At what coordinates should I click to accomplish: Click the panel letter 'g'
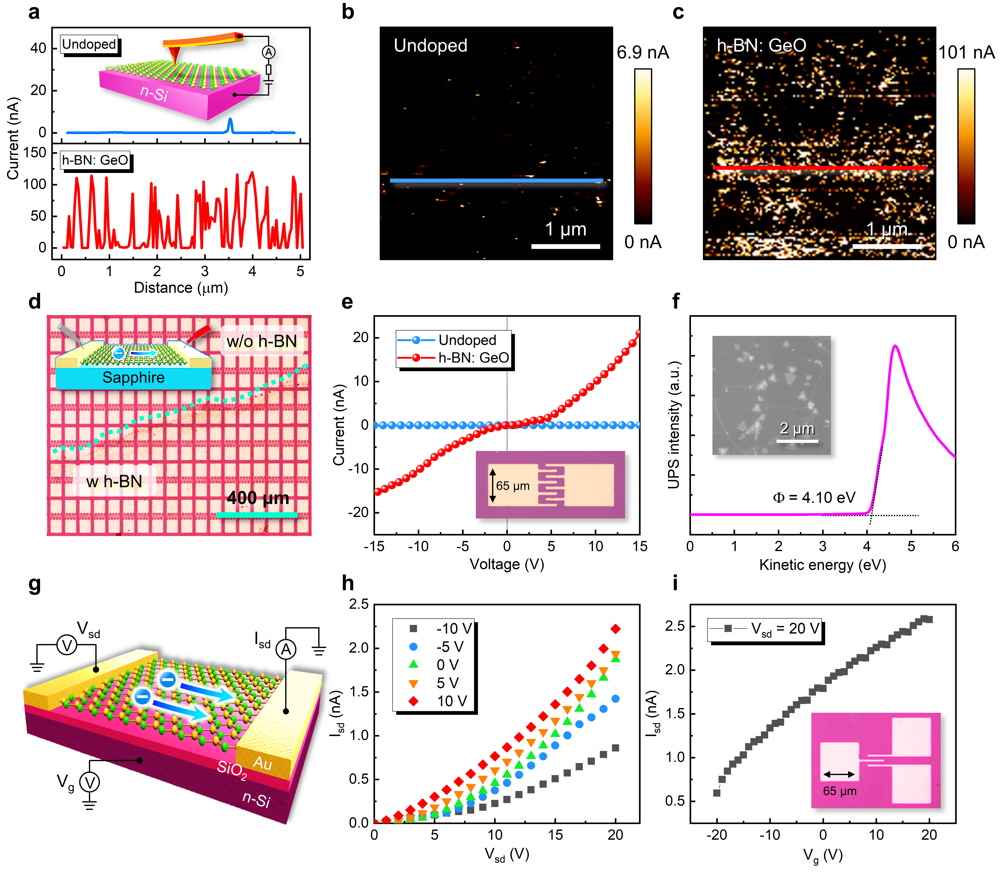pos(34,584)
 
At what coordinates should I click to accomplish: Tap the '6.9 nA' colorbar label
pos(642,53)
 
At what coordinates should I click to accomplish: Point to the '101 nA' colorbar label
pos(966,53)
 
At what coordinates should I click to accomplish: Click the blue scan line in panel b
pos(496,181)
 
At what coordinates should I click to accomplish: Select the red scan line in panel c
pos(820,168)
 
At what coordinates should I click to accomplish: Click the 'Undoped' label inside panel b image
pos(430,46)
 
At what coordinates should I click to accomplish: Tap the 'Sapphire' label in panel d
pos(133,378)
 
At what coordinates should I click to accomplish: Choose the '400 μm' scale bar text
pos(258,498)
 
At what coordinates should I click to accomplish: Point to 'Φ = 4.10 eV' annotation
pos(814,497)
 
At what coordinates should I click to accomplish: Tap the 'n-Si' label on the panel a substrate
pos(154,92)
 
